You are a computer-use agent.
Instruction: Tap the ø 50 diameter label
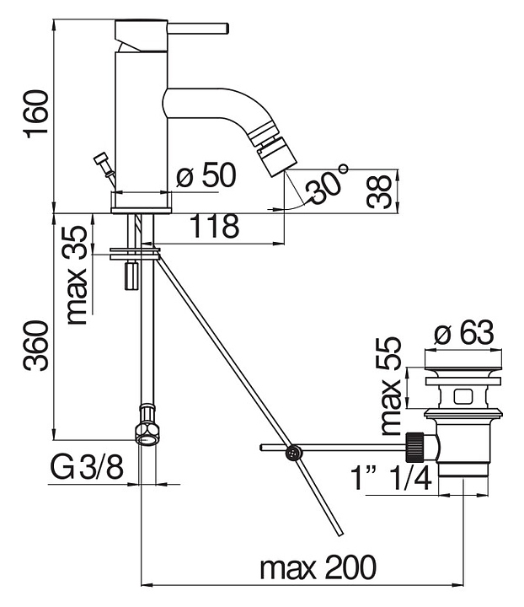point(206,176)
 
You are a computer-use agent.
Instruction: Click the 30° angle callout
point(325,180)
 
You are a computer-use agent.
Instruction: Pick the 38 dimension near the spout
point(382,191)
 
